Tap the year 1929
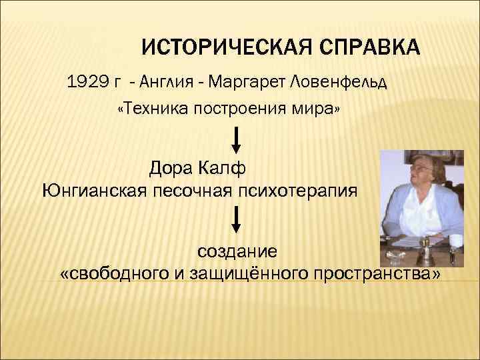click(x=86, y=83)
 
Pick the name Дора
click(x=173, y=165)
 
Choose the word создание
click(x=236, y=253)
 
